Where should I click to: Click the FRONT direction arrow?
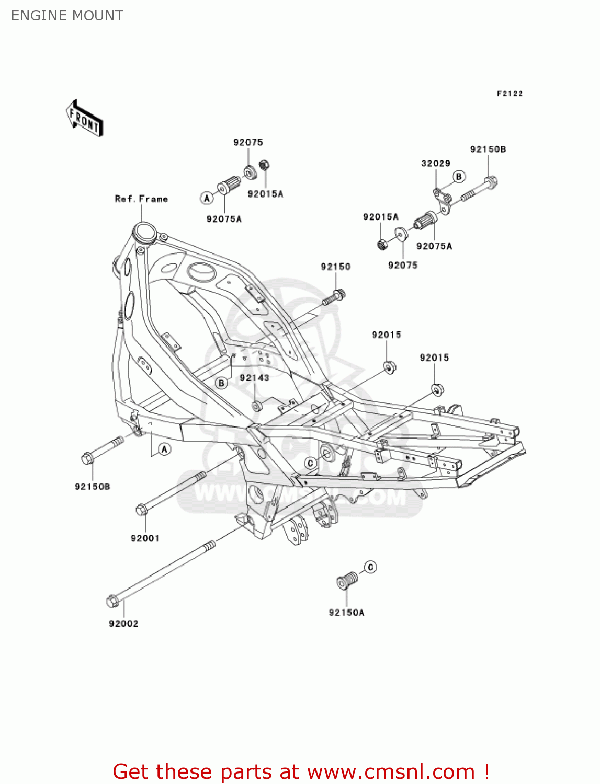click(x=84, y=119)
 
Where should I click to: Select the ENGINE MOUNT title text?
click(x=67, y=16)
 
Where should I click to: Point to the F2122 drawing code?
click(x=510, y=94)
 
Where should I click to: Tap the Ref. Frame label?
click(x=141, y=199)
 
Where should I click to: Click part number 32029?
click(x=435, y=163)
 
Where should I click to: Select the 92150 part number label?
click(x=335, y=267)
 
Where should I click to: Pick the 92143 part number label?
click(x=254, y=377)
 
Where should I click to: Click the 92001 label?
click(x=144, y=538)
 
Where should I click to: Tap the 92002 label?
click(x=123, y=624)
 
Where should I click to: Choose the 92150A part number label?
click(x=346, y=612)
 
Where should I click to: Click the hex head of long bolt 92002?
click(x=112, y=601)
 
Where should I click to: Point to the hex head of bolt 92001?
click(x=141, y=510)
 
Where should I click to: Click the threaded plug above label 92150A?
click(x=346, y=581)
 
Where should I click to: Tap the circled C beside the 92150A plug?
click(x=370, y=567)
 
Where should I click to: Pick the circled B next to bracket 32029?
click(x=459, y=177)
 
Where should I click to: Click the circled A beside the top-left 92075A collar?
click(x=207, y=198)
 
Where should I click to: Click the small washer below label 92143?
click(x=257, y=406)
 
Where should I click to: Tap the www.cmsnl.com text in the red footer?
click(x=390, y=772)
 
